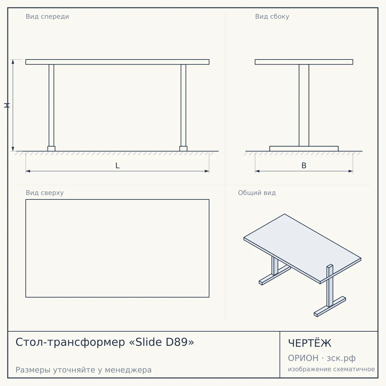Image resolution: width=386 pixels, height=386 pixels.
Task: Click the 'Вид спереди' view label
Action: tap(48, 16)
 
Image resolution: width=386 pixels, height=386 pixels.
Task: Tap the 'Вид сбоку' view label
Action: tap(272, 16)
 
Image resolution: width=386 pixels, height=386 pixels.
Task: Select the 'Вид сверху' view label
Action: tap(45, 193)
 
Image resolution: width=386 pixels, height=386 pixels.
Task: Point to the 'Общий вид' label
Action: tap(257, 193)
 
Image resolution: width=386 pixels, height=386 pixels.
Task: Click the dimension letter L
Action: tap(118, 166)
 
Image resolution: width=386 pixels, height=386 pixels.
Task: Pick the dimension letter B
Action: tap(304, 166)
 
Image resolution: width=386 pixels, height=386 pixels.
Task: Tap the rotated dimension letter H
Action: tap(7, 106)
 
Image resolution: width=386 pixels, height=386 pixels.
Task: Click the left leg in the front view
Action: tap(51, 106)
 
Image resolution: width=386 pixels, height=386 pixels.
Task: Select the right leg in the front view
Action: tap(183, 106)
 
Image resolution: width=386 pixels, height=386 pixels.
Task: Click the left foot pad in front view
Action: tap(51, 149)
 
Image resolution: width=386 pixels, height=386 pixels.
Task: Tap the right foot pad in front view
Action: tap(183, 149)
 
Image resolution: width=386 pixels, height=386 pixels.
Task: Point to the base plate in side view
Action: tap(304, 149)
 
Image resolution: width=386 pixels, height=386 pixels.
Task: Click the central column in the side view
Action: tap(304, 106)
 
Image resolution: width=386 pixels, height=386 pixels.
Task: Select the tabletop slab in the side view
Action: tap(304, 62)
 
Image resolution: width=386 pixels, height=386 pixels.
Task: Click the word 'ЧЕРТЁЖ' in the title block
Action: tap(310, 343)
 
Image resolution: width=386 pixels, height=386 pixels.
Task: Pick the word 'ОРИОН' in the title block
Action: tap(303, 358)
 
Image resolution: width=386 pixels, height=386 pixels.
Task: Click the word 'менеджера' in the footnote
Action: tap(128, 370)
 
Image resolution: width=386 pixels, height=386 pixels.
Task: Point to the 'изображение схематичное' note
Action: tap(331, 369)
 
